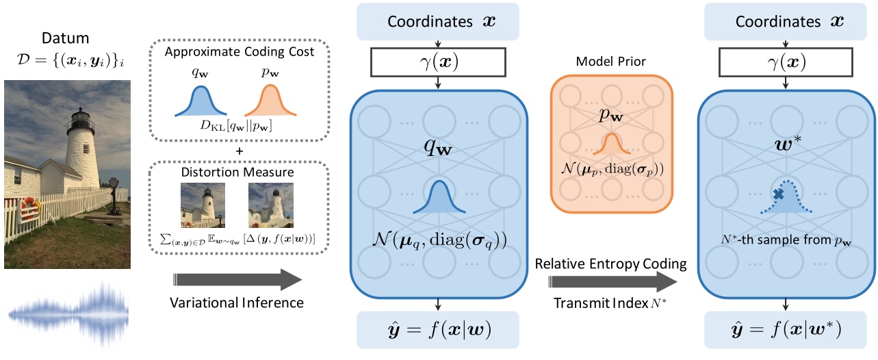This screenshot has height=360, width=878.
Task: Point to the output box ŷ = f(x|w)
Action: coord(438,334)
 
